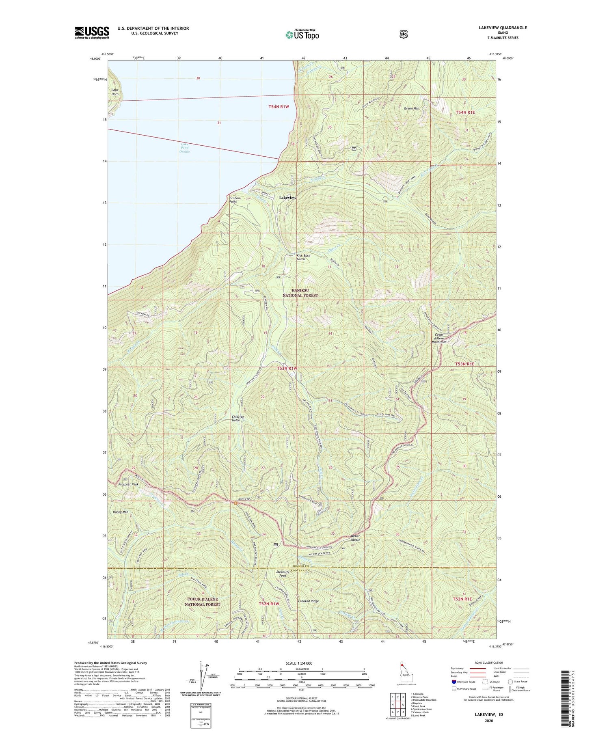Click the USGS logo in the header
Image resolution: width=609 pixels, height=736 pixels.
click(x=92, y=32)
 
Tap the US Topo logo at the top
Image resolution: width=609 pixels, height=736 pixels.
click(x=302, y=35)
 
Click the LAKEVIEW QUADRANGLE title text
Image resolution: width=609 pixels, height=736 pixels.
click(x=502, y=28)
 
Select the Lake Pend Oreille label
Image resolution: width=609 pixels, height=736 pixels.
click(x=184, y=148)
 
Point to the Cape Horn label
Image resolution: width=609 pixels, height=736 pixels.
click(x=115, y=92)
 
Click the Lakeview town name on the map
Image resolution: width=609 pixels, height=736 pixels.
click(x=287, y=198)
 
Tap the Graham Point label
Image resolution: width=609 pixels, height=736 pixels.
click(x=235, y=200)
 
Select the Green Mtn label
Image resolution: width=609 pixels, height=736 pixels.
click(x=411, y=108)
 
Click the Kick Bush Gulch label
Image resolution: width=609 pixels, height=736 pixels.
click(x=303, y=257)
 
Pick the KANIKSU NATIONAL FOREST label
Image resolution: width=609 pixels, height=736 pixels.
click(x=300, y=293)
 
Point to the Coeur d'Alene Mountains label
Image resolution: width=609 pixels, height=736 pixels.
click(x=438, y=338)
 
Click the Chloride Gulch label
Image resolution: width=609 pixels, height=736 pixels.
click(x=238, y=419)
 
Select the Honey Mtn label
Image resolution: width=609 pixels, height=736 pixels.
click(x=120, y=512)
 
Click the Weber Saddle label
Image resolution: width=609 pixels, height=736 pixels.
click(x=355, y=537)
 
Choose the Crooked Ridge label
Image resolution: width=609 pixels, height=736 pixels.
click(x=308, y=601)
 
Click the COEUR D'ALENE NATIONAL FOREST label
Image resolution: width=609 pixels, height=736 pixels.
click(x=202, y=602)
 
